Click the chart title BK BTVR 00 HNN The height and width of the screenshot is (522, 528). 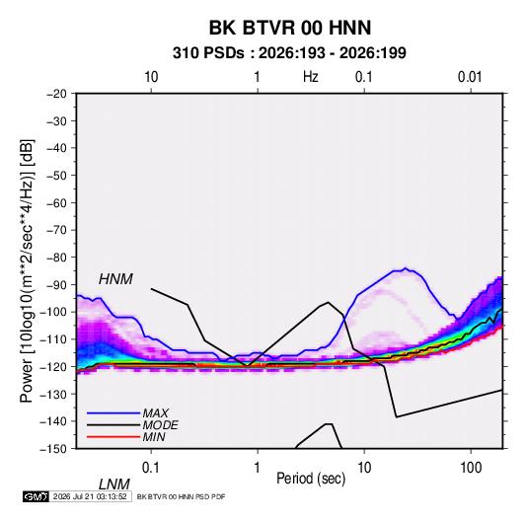coord(290,28)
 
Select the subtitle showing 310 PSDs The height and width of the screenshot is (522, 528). coord(289,53)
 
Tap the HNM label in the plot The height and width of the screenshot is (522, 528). coord(115,279)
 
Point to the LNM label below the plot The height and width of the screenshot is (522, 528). coord(113,485)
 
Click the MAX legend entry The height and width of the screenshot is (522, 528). coord(155,412)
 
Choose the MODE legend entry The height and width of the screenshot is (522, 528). coord(160,425)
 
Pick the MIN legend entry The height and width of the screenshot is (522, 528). coord(154,437)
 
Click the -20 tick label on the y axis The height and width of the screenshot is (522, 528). coord(56,94)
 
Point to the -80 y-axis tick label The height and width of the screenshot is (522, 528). coord(56,258)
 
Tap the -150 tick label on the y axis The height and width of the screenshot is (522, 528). coord(53,449)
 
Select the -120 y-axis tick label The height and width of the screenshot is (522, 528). coord(53,366)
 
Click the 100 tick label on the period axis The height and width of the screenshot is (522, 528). coord(471,468)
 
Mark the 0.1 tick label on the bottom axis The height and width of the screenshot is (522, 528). coord(151,468)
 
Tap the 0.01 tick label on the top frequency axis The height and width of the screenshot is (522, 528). coord(470,77)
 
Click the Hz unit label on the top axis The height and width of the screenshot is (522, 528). coord(311,77)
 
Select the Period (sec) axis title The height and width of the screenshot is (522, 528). coord(311,479)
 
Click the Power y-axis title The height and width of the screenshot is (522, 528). coord(27,271)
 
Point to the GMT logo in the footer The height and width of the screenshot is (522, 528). coord(37,496)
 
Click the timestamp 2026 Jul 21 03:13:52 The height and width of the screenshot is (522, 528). coord(90,496)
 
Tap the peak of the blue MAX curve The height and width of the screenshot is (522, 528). coord(406,268)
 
